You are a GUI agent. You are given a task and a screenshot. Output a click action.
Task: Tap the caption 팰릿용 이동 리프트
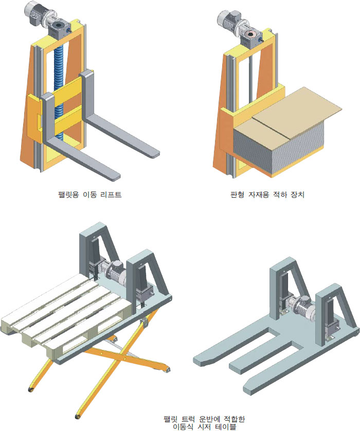point(89,195)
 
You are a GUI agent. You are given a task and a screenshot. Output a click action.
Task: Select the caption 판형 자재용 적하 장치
point(267,195)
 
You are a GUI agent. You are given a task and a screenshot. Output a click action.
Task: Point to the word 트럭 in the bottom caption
point(189,419)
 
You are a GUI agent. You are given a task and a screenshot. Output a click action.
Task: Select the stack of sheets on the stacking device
point(278,143)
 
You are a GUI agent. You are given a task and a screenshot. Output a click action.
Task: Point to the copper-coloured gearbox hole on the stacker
point(251,34)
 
